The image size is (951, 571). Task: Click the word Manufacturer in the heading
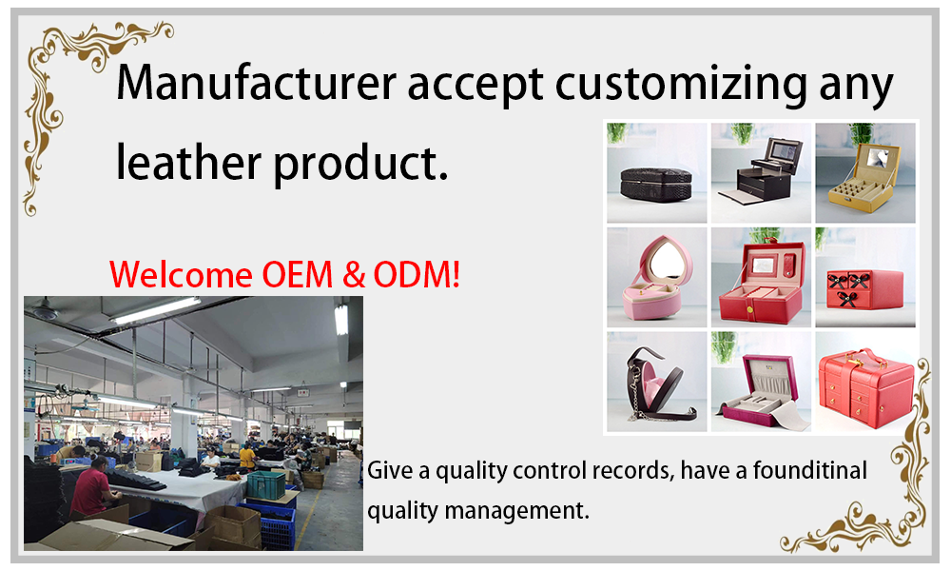pos(257,82)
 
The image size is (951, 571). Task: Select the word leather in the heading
pos(189,161)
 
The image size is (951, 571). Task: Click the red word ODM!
pos(417,274)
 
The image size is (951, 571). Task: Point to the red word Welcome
pos(182,274)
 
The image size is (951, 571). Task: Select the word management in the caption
pos(515,510)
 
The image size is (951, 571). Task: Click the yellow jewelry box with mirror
pos(864,177)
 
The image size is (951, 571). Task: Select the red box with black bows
pos(864,289)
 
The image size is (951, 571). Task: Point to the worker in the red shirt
pos(93,487)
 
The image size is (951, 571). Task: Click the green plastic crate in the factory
pos(265,484)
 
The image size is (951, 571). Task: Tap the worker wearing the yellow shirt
pos(247,456)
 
